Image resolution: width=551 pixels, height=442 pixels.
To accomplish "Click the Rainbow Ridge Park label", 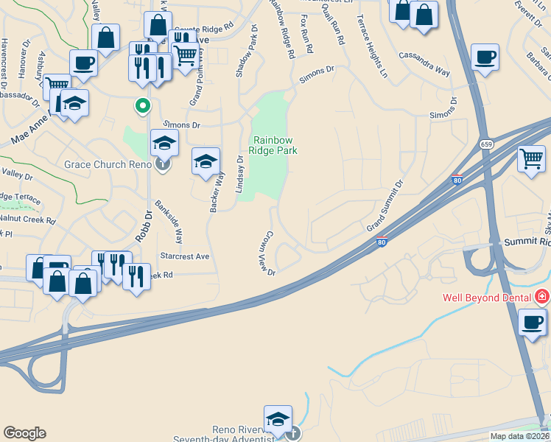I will point(275,145).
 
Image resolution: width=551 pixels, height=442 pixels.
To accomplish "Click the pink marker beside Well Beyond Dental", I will point(541,298).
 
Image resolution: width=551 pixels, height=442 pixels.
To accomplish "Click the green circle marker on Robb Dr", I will point(143,106).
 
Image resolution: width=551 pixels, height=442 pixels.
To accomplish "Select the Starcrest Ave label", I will point(185,256).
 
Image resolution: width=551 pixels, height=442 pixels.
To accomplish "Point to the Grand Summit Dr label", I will point(386,206).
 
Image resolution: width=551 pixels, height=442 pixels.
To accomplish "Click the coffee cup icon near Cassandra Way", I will point(485,57).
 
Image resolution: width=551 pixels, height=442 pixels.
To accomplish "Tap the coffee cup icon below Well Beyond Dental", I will point(533,322).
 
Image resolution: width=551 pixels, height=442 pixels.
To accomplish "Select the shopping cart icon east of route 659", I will point(531,158).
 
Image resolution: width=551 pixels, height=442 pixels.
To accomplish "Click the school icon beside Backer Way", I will point(206,161).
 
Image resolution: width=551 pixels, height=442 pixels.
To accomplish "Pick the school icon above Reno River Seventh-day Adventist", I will point(278,419).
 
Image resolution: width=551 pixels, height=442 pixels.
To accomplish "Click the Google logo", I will point(24,433).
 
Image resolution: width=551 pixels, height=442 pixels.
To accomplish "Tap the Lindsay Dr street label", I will point(239,175).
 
